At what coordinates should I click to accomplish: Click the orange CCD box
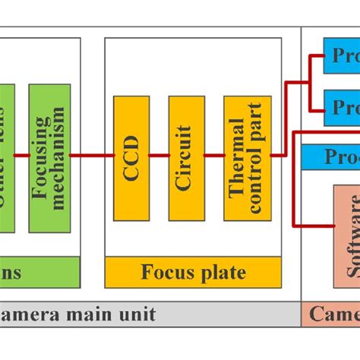[131, 156]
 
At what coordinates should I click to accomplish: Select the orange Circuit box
[186, 156]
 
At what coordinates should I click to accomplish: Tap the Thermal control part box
[248, 156]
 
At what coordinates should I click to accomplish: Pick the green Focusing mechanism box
[49, 157]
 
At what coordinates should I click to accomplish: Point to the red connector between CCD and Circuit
[159, 156]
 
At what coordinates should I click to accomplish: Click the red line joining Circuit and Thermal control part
[214, 156]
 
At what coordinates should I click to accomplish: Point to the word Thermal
[238, 156]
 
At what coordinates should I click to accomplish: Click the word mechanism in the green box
[59, 157]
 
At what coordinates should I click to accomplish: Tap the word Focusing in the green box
[39, 157]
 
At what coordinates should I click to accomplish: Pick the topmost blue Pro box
[342, 56]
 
